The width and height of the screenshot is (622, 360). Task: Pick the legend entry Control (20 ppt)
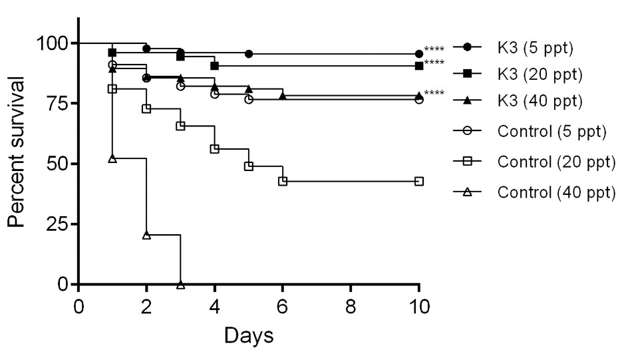click(554, 161)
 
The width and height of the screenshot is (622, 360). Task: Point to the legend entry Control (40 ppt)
click(554, 192)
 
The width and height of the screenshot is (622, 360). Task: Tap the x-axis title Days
click(248, 335)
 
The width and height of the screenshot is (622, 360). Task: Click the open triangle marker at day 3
click(180, 284)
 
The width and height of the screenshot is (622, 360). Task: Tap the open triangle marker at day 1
click(112, 158)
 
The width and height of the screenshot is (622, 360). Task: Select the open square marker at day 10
click(419, 181)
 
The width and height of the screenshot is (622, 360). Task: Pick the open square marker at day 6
click(283, 181)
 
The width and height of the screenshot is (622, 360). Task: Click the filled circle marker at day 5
click(249, 53)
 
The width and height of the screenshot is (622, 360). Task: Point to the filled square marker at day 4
click(214, 66)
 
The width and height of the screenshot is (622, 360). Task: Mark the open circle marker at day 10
click(419, 99)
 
